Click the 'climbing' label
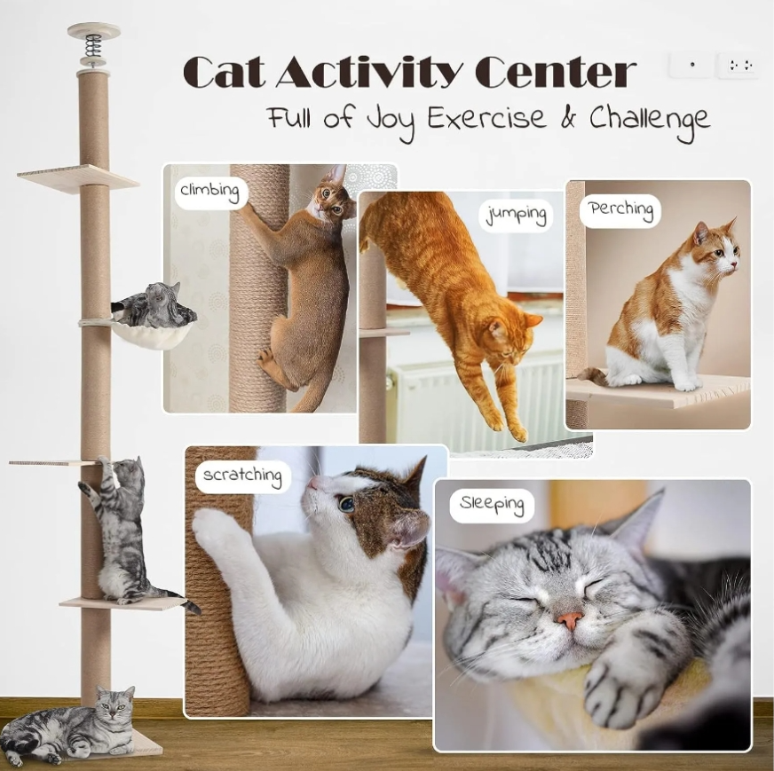[209, 192]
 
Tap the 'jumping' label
[516, 216]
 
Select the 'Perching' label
[621, 210]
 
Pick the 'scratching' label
[242, 476]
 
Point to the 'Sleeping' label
[492, 505]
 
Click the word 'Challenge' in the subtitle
[649, 120]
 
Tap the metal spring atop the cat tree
[93, 45]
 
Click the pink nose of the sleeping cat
[569, 620]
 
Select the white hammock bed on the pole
[152, 335]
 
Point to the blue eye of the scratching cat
[346, 503]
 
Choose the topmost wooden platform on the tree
[78, 178]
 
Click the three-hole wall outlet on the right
[739, 65]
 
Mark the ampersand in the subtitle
[568, 117]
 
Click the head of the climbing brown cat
[334, 195]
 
